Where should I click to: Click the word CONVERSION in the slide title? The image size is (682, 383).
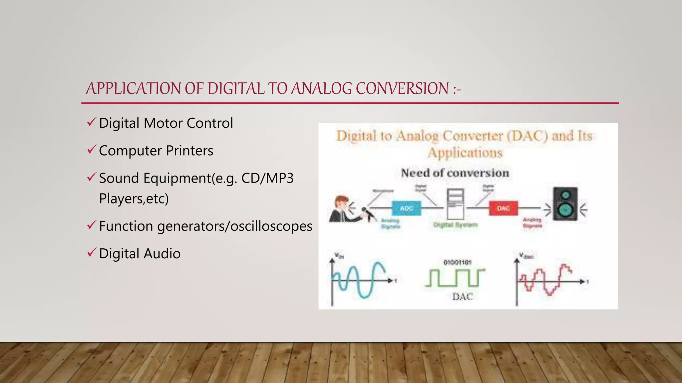[402, 89]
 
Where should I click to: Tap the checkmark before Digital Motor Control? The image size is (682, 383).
[92, 122]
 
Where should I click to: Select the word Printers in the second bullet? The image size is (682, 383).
[189, 151]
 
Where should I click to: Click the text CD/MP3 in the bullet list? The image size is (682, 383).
[267, 179]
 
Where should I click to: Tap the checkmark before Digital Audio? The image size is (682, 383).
[92, 253]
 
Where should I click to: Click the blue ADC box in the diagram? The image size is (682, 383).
[406, 208]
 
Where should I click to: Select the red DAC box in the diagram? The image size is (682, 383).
[503, 208]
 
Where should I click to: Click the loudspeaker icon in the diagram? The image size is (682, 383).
[565, 204]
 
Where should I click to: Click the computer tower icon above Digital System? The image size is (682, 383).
[455, 204]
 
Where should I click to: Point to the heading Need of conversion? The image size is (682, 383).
[455, 173]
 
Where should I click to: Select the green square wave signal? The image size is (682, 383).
[455, 278]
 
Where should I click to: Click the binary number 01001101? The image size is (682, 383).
[457, 263]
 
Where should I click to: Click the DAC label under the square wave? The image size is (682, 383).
[462, 297]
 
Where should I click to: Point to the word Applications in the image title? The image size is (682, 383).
[465, 153]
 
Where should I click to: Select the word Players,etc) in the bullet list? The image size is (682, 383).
[134, 199]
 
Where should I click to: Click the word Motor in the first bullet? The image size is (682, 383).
[163, 123]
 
